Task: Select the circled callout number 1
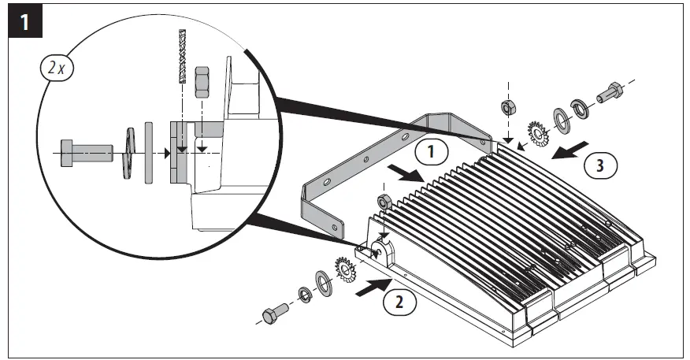432,150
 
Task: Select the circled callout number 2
401,299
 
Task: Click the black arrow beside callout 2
367,291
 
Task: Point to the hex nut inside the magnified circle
202,80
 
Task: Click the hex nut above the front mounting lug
385,202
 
